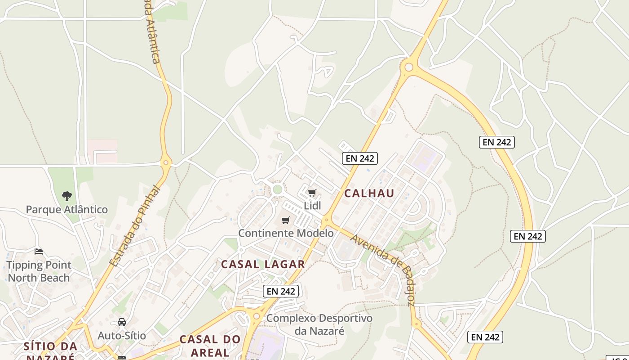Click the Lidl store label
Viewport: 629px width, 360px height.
313,206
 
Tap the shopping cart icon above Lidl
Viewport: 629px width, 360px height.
312,193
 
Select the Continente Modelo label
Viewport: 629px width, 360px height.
286,233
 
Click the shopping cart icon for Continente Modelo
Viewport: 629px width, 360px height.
285,220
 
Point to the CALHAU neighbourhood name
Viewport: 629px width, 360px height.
369,193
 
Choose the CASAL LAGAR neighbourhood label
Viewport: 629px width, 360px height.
263,264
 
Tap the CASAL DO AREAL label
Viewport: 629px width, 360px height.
210,345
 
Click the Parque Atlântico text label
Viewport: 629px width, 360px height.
66,209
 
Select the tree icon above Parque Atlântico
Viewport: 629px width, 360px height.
67,196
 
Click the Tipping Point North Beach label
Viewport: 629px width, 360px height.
39,271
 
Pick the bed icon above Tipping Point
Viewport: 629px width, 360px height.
39,252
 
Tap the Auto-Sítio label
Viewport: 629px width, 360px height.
122,335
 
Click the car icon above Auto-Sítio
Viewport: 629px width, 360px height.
122,322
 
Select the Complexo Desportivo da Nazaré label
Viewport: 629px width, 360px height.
319,324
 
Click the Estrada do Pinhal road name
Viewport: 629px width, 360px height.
135,226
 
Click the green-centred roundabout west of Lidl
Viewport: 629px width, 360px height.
278,189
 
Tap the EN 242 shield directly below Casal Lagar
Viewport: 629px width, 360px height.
281,291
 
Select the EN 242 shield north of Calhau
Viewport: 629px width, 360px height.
359,158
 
